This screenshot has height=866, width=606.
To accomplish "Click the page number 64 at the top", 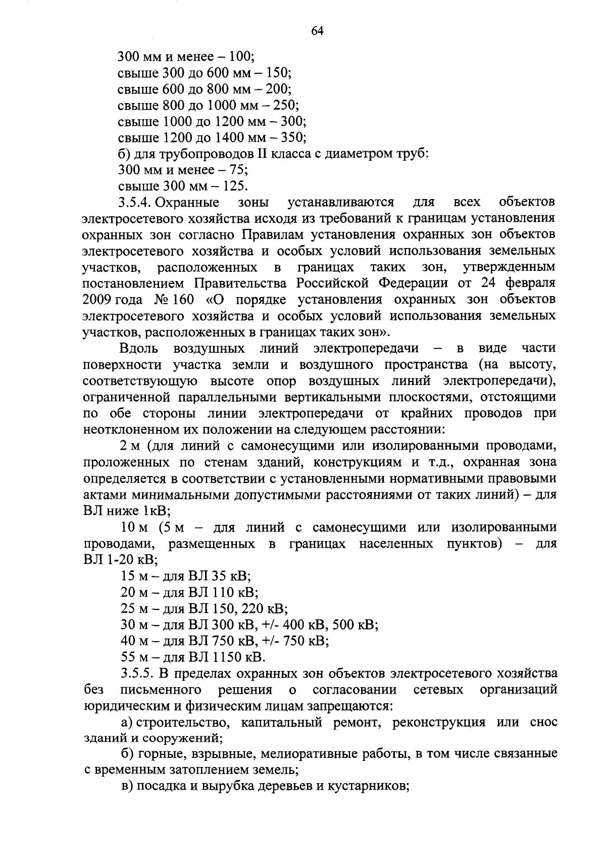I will click(317, 31).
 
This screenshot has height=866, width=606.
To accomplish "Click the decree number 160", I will click(183, 300).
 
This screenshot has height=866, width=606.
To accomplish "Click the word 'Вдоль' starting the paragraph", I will click(139, 349).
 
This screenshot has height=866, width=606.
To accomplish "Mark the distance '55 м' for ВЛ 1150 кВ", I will click(134, 657).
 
